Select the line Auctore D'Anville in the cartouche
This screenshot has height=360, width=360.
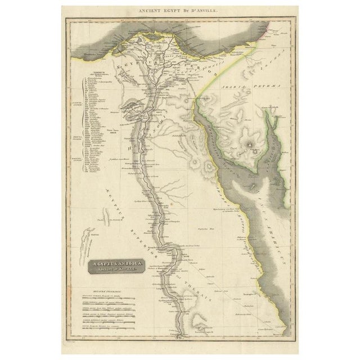pos(115,267)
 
